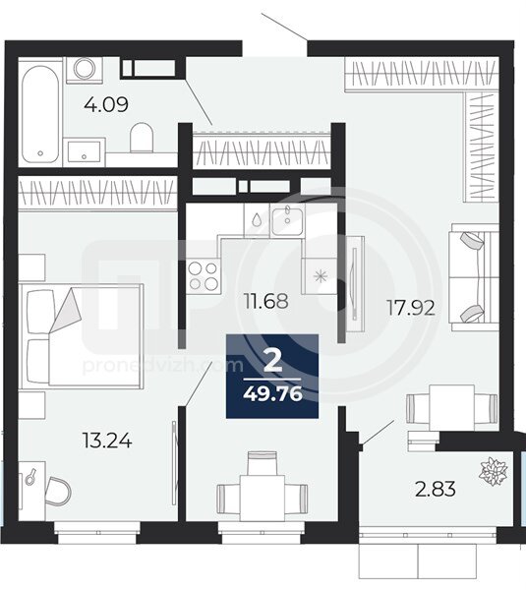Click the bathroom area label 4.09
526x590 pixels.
tap(106, 104)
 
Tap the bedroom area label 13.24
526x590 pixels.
tap(107, 441)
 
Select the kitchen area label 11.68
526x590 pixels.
tap(266, 301)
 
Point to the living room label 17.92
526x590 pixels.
tap(411, 308)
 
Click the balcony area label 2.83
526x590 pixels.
tap(436, 489)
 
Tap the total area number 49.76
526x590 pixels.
tap(273, 394)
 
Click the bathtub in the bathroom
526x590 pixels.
tap(40, 114)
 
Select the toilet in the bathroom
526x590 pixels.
tap(142, 138)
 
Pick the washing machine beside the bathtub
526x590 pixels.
tap(85, 70)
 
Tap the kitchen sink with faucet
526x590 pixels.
tap(287, 221)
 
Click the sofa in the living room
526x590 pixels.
tap(474, 277)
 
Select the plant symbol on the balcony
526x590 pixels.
tap(494, 471)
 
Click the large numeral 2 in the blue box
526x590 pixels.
tap(272, 361)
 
